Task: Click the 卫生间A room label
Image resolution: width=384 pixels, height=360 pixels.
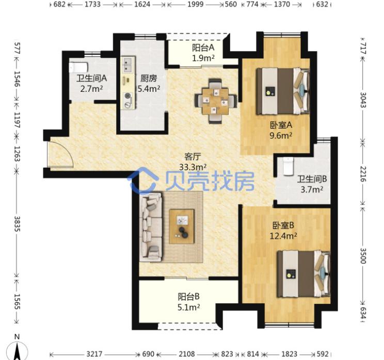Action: click(x=91, y=79)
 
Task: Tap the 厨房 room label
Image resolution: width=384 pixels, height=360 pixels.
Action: click(x=149, y=79)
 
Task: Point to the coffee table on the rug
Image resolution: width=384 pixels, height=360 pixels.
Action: click(x=182, y=226)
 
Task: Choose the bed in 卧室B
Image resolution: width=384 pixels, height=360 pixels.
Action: click(x=303, y=273)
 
